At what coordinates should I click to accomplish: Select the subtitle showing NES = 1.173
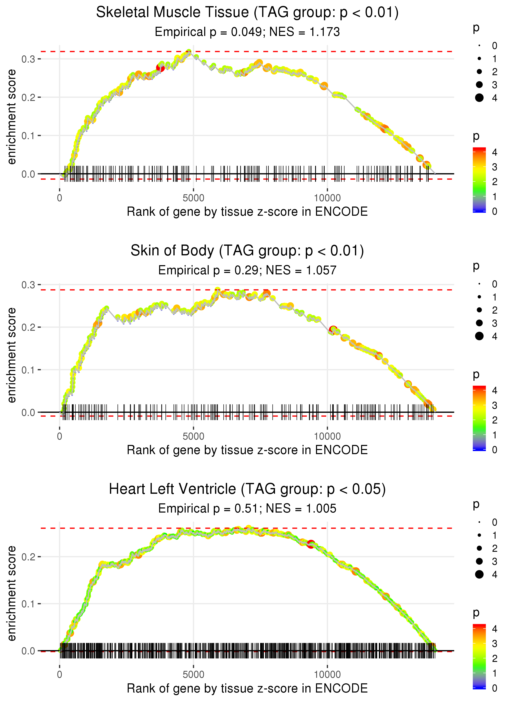click(x=247, y=32)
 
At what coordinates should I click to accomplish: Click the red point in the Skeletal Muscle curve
click(x=160, y=68)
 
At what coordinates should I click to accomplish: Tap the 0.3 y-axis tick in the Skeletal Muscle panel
click(x=29, y=59)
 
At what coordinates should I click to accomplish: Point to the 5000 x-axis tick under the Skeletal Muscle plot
click(x=193, y=198)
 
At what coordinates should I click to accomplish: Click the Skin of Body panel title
click(x=247, y=251)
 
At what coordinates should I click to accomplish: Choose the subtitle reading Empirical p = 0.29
click(x=247, y=270)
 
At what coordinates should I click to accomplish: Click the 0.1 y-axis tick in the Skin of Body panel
click(x=29, y=370)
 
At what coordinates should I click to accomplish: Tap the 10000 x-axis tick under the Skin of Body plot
click(x=327, y=436)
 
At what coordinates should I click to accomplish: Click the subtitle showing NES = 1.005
click(x=247, y=508)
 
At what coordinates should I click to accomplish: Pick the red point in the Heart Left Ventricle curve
click(x=311, y=544)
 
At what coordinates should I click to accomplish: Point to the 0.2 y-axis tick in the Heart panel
click(x=29, y=557)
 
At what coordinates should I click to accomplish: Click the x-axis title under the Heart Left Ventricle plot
click(x=247, y=689)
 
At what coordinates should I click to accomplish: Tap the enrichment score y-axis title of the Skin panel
click(x=12, y=355)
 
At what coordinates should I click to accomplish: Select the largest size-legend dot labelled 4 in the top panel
click(x=479, y=98)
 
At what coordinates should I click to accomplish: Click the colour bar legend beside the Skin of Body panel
click(x=479, y=418)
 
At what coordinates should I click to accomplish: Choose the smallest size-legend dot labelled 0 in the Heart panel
click(x=479, y=522)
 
